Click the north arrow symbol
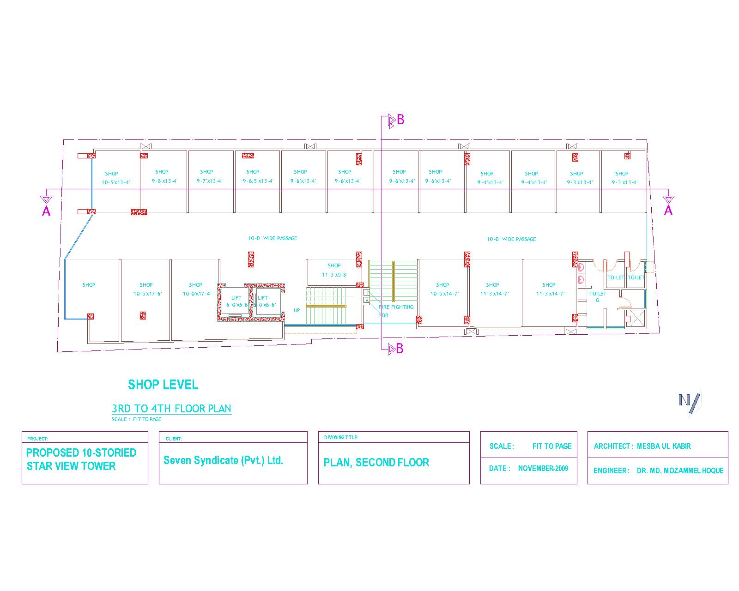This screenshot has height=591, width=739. click(x=689, y=401)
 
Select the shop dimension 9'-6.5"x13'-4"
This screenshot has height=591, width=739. click(x=258, y=181)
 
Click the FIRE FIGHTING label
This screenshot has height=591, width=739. click(x=396, y=307)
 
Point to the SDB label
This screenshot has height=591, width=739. click(x=383, y=315)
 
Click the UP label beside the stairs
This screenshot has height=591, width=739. click(x=297, y=310)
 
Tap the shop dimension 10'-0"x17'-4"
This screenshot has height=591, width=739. click(x=197, y=294)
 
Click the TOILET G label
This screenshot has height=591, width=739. click(x=598, y=296)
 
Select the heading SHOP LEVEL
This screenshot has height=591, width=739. click(x=163, y=385)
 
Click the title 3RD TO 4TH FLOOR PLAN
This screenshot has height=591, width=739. click(x=171, y=409)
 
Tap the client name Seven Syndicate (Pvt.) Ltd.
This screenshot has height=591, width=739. click(x=223, y=460)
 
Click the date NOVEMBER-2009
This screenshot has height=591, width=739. click(x=543, y=468)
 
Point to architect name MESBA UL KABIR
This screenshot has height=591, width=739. click(x=664, y=446)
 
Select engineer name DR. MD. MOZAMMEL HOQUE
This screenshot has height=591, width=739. click(x=680, y=470)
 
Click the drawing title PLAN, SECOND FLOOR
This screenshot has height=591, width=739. click(x=376, y=462)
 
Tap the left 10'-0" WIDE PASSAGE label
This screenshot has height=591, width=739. click(x=273, y=238)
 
